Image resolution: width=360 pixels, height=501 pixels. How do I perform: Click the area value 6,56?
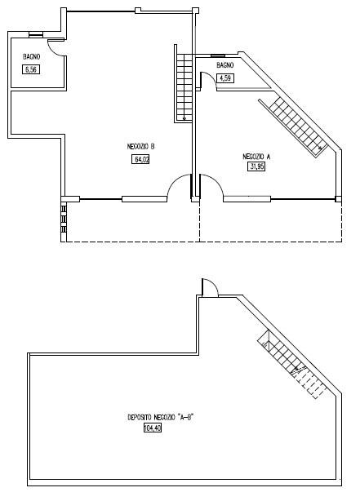point(31,69)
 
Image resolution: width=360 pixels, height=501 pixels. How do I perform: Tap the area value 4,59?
point(225,78)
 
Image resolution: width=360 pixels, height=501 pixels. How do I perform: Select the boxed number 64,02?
point(140,159)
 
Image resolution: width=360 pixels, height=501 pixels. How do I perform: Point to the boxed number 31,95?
point(256,166)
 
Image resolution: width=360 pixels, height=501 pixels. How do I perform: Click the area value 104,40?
point(153,428)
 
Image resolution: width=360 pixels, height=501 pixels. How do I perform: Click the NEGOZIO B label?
point(141,147)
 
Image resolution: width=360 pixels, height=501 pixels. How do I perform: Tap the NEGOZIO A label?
point(256,157)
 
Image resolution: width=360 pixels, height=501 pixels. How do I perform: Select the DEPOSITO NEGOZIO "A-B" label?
point(161,417)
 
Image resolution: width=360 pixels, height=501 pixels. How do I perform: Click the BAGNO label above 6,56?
point(31,57)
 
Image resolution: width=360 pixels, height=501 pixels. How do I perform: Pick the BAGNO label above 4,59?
point(225,65)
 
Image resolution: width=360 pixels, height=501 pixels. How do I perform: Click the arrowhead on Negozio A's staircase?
point(320,148)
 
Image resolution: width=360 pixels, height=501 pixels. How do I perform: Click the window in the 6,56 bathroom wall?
point(36,35)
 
